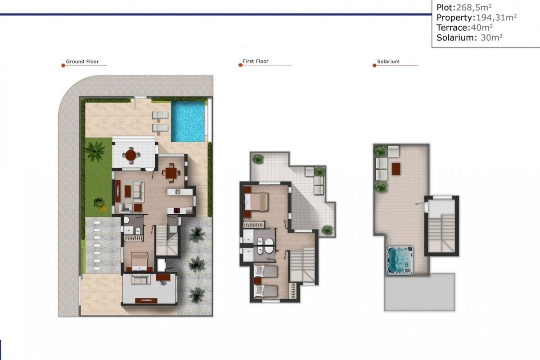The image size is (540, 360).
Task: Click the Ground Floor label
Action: click(x=82, y=62)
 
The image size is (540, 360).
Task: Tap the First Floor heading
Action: click(x=256, y=62)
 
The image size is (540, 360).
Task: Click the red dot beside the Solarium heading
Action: click(x=374, y=66)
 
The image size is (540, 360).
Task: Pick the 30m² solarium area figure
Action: click(x=491, y=38)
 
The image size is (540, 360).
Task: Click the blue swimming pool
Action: click(x=188, y=121)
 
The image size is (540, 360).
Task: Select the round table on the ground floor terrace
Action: click(x=131, y=155)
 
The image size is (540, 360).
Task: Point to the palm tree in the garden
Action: click(x=95, y=151)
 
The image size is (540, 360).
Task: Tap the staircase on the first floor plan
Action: click(x=302, y=265)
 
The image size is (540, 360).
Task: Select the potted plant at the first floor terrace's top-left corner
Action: click(x=258, y=158)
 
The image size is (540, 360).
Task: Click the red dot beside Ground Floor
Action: click(x=63, y=66)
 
